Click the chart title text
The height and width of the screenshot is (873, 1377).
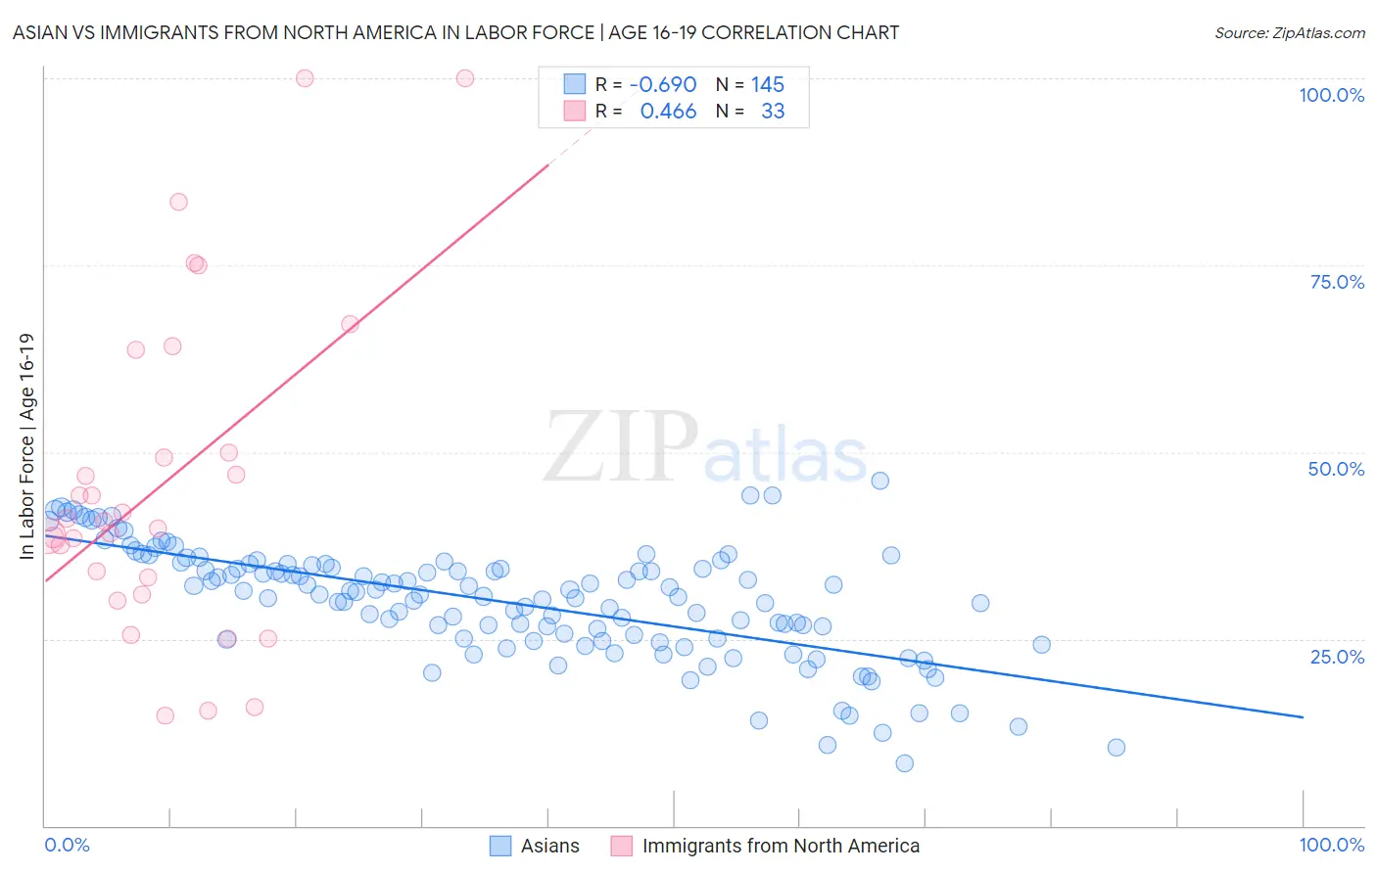(455, 32)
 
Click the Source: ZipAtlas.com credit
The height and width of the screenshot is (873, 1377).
(1289, 32)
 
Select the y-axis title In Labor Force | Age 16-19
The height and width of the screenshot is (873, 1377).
(26, 446)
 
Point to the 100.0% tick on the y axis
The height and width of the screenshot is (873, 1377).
(1331, 95)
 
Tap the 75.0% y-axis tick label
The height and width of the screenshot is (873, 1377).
(1337, 282)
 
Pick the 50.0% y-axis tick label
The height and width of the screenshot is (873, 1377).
(1336, 469)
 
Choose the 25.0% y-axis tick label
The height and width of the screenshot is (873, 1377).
(1337, 656)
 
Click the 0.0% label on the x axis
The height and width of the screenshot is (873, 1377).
(67, 845)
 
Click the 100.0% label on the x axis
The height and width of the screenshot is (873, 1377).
(1331, 845)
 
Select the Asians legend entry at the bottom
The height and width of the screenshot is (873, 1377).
(535, 846)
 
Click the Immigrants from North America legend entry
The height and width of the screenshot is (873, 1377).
(766, 846)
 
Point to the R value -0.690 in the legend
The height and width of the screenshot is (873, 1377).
(663, 84)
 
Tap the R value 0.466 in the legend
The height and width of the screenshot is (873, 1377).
(668, 111)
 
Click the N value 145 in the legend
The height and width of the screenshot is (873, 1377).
(768, 84)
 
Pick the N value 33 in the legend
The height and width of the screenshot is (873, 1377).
(773, 111)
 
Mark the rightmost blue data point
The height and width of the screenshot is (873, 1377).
(1116, 748)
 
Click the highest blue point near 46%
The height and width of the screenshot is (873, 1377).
(879, 481)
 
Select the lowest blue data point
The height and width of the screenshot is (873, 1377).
(904, 763)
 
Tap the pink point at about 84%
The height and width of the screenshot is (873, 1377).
(178, 202)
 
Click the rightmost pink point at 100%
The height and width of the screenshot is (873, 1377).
(465, 78)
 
